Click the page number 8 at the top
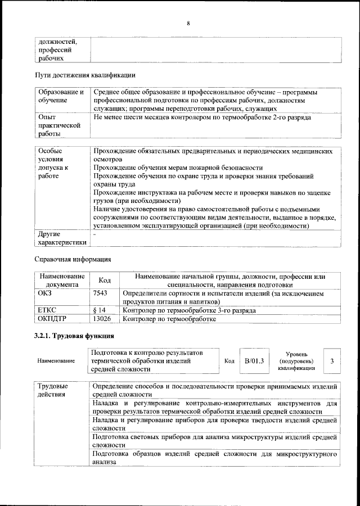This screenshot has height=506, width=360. coord(188,23)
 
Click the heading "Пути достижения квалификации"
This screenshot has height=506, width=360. coord(84,75)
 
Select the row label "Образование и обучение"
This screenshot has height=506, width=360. coord(61,96)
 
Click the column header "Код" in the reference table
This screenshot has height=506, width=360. coord(105,280)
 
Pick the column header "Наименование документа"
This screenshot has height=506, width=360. coord(62,280)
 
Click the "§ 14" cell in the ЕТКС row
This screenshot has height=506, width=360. coord(99,310)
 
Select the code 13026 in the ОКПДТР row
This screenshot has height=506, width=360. coord(102,319)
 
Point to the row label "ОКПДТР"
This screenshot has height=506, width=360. coord(51,319)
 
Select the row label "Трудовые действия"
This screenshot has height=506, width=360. coord(52,390)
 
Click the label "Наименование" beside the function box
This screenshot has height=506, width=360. coord(56,361)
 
